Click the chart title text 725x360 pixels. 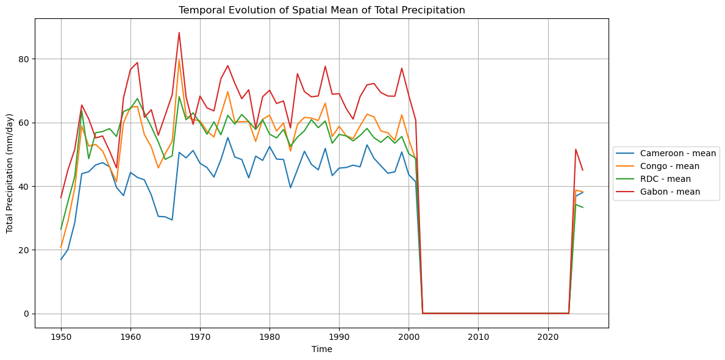click(321, 10)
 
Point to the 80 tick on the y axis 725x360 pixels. click(23, 59)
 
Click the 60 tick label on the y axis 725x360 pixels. click(23, 123)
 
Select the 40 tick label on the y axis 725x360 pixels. click(23, 186)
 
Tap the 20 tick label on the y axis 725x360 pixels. click(23, 250)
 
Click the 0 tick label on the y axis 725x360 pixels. click(26, 314)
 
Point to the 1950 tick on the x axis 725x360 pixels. click(61, 337)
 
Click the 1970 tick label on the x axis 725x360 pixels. click(200, 337)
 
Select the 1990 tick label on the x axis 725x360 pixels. click(339, 337)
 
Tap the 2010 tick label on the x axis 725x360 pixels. click(478, 337)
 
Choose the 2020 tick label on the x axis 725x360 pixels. click(548, 337)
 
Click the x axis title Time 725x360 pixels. click(321, 350)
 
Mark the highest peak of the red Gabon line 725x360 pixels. click(179, 32)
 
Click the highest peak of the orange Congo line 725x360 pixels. click(179, 60)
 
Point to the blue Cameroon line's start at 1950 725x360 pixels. click(61, 260)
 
